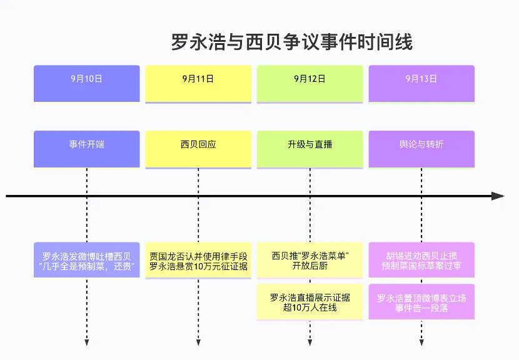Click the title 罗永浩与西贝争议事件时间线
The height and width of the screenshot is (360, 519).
(x=292, y=42)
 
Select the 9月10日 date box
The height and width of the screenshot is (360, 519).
(x=87, y=83)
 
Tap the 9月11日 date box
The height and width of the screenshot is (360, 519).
(x=198, y=83)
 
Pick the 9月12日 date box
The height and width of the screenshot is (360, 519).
(x=310, y=83)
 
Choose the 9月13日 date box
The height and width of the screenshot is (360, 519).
(x=421, y=83)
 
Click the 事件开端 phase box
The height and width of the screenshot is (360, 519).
(x=87, y=149)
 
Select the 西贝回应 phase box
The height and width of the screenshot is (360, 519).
(x=198, y=149)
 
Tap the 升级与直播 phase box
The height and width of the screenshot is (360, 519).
(x=310, y=149)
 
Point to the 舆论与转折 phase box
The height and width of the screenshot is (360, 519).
(x=421, y=149)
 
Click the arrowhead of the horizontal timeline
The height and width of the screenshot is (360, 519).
(x=498, y=196)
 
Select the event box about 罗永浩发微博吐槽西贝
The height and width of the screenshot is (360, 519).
(x=87, y=260)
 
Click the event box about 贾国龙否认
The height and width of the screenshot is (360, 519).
(x=198, y=260)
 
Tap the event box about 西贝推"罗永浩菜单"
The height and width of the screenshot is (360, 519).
(x=310, y=260)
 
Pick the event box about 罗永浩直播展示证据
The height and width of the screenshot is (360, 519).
(x=310, y=302)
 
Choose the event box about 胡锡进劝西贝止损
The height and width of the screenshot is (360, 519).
(x=421, y=260)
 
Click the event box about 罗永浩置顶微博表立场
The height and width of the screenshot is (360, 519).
(x=421, y=302)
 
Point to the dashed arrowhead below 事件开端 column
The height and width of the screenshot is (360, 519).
(x=87, y=342)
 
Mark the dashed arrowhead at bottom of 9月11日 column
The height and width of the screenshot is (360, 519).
(x=198, y=342)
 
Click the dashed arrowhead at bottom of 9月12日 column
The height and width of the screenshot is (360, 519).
(x=310, y=342)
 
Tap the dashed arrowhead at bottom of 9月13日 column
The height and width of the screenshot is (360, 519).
(x=421, y=342)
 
